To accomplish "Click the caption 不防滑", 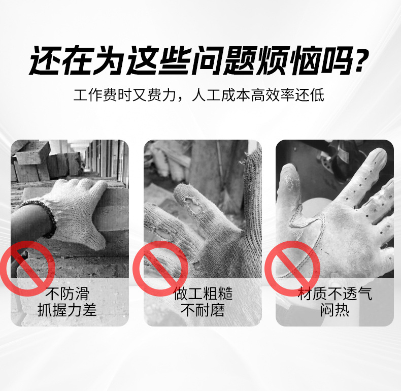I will [68, 293].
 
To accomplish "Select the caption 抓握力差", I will [68, 309].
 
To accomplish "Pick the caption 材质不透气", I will [335, 293].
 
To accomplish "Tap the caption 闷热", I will [335, 309].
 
